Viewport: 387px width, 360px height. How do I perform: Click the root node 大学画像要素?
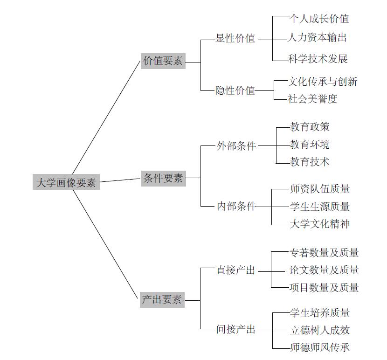[66, 182]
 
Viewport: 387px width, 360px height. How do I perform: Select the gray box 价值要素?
[163, 61]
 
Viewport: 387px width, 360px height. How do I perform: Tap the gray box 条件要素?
[163, 178]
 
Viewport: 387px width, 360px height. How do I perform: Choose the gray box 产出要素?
[162, 300]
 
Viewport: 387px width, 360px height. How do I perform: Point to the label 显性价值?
[235, 38]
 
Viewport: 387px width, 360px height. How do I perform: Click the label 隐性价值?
[235, 90]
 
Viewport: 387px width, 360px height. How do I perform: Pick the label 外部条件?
[236, 146]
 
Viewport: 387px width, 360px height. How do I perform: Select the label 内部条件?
[236, 206]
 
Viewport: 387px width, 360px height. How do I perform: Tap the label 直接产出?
[235, 270]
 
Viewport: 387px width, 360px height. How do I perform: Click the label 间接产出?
[236, 329]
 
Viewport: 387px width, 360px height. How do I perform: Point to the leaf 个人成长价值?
[319, 19]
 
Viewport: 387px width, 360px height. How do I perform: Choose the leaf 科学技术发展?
[318, 59]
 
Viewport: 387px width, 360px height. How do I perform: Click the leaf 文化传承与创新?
[323, 82]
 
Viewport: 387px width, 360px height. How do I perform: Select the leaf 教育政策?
[310, 127]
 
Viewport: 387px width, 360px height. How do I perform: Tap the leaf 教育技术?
[310, 162]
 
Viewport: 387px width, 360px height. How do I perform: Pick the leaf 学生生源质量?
[320, 207]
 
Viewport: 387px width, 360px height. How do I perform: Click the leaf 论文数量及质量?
[324, 270]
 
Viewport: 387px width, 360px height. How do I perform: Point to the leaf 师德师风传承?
[320, 347]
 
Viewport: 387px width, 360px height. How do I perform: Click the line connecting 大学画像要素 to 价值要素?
[106, 118]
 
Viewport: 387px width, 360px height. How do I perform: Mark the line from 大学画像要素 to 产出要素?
[105, 244]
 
